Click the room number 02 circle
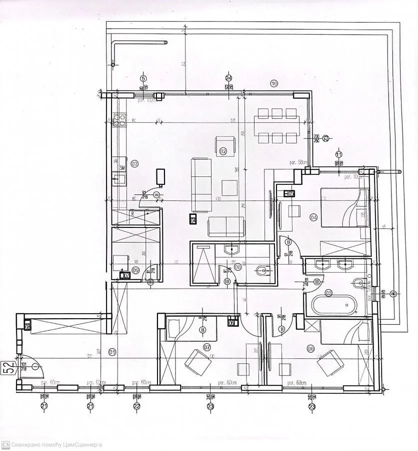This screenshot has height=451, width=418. coord(223,151)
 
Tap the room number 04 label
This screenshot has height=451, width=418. coord(313,217)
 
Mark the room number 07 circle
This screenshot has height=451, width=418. coord(207,347)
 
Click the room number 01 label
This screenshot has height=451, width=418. coord(112,352)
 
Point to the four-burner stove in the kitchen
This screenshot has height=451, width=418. coord(119,119)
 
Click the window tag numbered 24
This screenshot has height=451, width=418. coord(228,78)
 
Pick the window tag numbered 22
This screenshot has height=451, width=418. coord(136,405)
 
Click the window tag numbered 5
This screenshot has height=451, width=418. coord(143,78)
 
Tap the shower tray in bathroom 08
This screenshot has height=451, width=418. coord(203,265)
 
